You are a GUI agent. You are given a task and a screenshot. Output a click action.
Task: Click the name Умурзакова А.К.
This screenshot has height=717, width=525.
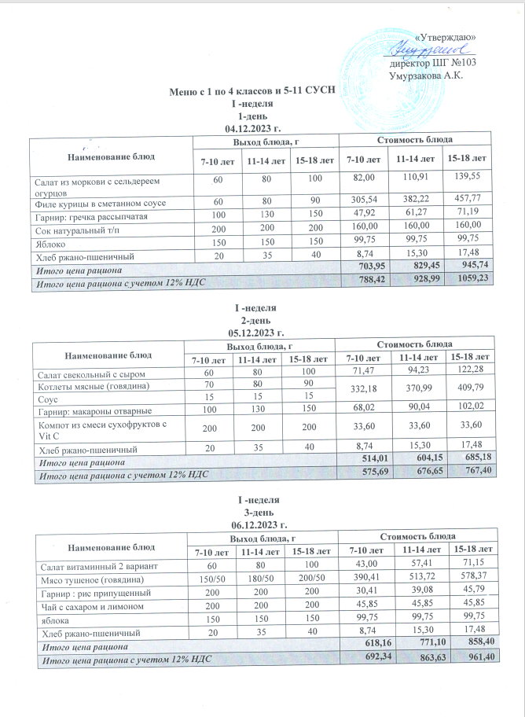point(425,75)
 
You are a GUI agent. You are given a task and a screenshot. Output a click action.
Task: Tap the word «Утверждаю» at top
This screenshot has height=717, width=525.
point(450,38)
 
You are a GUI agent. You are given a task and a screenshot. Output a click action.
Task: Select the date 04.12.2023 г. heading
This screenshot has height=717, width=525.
point(253,127)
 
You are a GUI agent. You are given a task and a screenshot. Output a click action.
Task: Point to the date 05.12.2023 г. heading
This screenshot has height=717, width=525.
point(253,333)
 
